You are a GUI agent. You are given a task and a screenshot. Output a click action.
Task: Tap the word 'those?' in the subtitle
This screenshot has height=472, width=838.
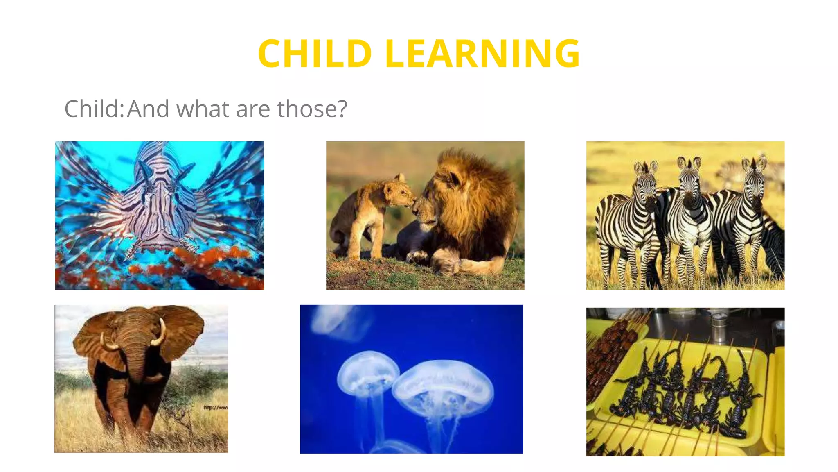(x=312, y=109)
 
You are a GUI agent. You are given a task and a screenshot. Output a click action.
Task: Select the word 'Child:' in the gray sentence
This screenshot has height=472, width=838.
(x=94, y=109)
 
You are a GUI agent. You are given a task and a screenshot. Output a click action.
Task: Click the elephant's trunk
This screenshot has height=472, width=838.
(x=136, y=361)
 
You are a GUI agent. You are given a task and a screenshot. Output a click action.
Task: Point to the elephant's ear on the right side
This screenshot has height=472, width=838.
(x=182, y=332)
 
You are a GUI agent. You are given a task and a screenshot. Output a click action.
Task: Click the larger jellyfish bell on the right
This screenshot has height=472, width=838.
(x=443, y=383)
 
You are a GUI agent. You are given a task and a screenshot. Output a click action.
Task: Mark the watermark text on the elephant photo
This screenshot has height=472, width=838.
(x=216, y=407)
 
